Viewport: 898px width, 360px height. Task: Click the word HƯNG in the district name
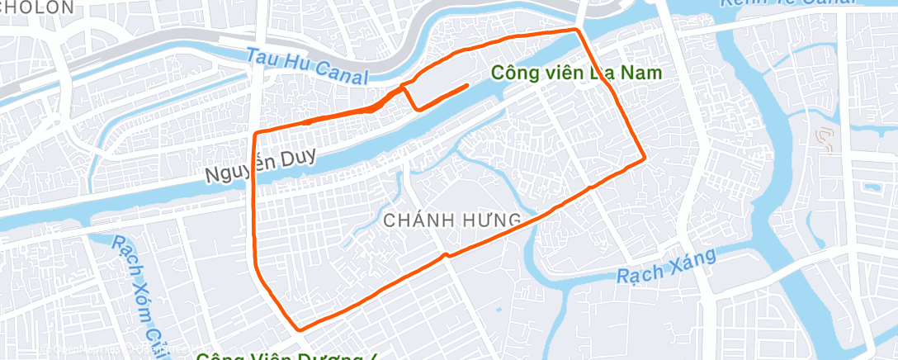[x=493, y=220]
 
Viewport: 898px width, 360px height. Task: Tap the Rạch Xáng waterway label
[x=665, y=268]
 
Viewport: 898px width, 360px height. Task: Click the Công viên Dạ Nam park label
[x=577, y=73]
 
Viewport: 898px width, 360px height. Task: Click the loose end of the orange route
[x=468, y=85]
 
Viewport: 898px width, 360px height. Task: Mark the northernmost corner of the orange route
[x=577, y=29]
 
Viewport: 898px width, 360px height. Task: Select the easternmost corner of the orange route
[x=644, y=158]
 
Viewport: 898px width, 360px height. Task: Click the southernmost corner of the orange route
[x=300, y=329]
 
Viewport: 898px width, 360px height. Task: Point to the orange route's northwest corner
[x=255, y=133]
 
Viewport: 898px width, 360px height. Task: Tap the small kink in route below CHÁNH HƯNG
[x=446, y=255]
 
